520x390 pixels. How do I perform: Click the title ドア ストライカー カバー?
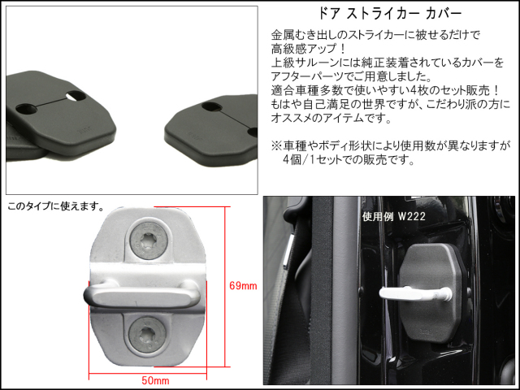pos(390,14)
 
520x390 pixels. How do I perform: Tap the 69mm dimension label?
pos(243,285)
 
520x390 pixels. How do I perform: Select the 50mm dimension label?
pos(155,380)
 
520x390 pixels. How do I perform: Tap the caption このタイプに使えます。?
pos(55,206)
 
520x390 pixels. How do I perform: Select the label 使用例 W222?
pos(393,217)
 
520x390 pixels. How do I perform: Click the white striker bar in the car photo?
pos(415,293)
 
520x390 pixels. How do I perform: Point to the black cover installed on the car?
pos(431,292)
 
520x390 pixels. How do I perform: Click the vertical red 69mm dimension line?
pos(226,287)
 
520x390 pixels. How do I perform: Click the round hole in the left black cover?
pos(24,108)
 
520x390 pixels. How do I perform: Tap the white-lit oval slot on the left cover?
pos(75,96)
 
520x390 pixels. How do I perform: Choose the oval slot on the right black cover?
pos(212,106)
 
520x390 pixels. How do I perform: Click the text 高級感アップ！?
pos(309,49)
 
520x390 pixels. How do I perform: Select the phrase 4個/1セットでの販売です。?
pos(349,160)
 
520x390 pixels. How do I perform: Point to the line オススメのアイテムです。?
pos(331,118)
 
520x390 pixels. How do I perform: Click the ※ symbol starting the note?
pos(276,145)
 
